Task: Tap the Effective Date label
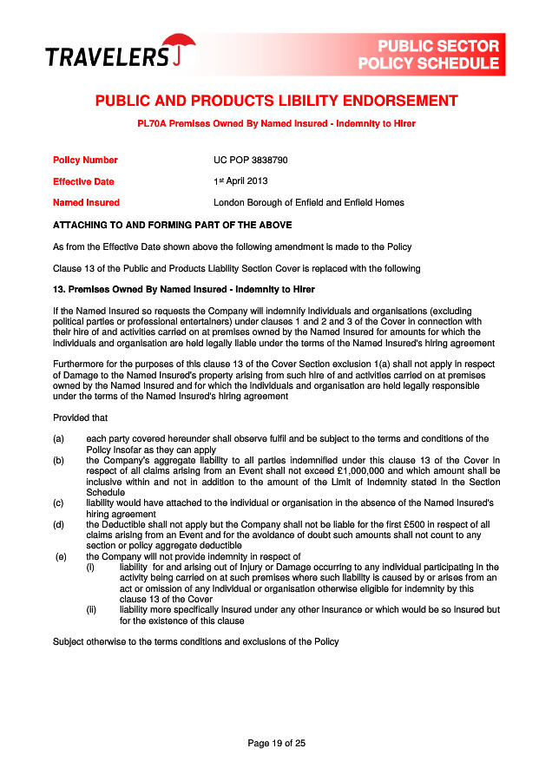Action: pyautogui.click(x=83, y=182)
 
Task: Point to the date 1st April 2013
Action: pyautogui.click(x=240, y=181)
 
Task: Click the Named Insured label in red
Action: pyautogui.click(x=86, y=203)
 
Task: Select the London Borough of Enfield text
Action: pyautogui.click(x=308, y=203)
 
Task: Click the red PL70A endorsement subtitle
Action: pyautogui.click(x=276, y=124)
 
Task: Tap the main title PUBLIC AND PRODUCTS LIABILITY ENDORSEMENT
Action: pyautogui.click(x=276, y=101)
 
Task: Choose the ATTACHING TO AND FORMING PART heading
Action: pyautogui.click(x=172, y=225)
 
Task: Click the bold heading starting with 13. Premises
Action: pyautogui.click(x=183, y=289)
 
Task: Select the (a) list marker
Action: pyautogui.click(x=58, y=439)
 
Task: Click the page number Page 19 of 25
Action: pyautogui.click(x=276, y=743)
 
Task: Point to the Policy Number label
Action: pyautogui.click(x=85, y=161)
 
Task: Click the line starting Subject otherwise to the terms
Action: pyautogui.click(x=195, y=642)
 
